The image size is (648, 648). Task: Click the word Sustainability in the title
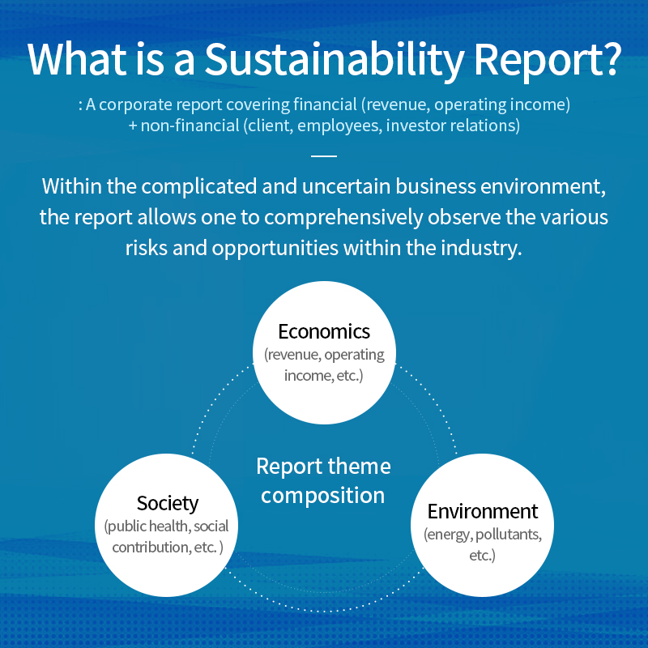tap(339, 58)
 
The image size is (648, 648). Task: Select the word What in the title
tap(79, 57)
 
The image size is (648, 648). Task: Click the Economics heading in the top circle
tap(324, 331)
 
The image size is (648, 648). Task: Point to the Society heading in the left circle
tap(168, 503)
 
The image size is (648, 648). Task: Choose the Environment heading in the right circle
tap(483, 511)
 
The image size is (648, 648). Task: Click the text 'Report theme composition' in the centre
tap(323, 480)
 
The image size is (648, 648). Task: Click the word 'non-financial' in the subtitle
tap(185, 126)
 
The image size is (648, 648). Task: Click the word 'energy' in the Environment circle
tap(448, 535)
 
